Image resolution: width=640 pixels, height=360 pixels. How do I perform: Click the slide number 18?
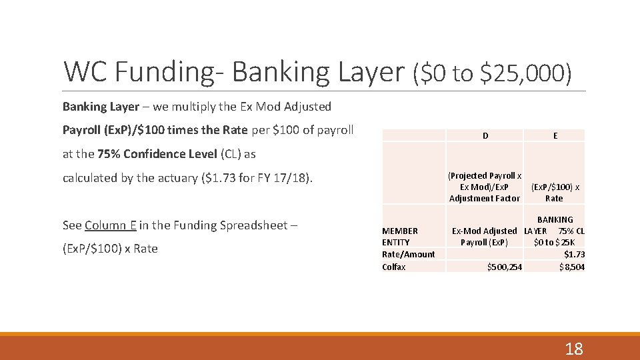pyautogui.click(x=573, y=348)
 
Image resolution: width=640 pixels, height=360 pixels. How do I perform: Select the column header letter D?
pyautogui.click(x=485, y=135)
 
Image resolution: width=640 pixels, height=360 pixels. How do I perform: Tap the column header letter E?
pyautogui.click(x=555, y=135)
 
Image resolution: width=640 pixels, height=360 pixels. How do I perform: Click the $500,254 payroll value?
pyautogui.click(x=505, y=267)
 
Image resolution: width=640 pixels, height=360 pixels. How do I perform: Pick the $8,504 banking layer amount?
pyautogui.click(x=572, y=267)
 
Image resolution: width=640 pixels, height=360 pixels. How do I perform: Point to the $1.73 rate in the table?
pyautogui.click(x=575, y=254)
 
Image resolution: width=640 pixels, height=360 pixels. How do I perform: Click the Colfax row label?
pyautogui.click(x=393, y=267)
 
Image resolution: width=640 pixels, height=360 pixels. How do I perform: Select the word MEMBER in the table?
pyautogui.click(x=400, y=231)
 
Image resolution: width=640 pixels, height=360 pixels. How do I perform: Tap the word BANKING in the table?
pyautogui.click(x=555, y=219)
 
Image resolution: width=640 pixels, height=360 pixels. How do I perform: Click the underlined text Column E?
pyautogui.click(x=111, y=225)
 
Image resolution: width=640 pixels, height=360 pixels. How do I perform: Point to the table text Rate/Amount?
pyautogui.click(x=408, y=254)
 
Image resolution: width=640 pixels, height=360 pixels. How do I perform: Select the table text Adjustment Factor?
pyautogui.click(x=485, y=198)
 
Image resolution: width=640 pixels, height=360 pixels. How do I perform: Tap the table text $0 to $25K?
pyautogui.click(x=555, y=242)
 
